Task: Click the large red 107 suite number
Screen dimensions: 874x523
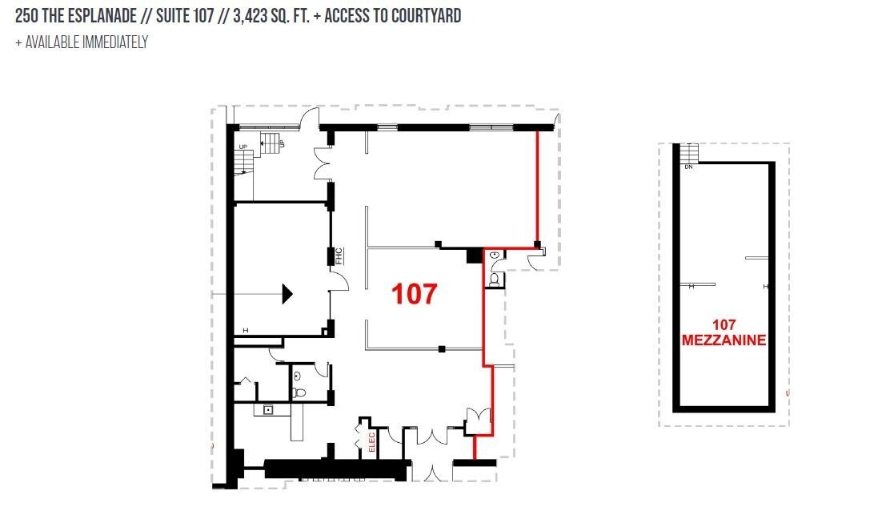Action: pyautogui.click(x=414, y=293)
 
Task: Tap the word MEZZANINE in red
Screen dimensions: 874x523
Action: pyautogui.click(x=724, y=340)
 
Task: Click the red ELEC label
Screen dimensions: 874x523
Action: pyautogui.click(x=372, y=441)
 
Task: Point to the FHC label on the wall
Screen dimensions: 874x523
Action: pyautogui.click(x=339, y=256)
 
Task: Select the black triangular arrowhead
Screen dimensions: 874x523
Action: pyautogui.click(x=287, y=294)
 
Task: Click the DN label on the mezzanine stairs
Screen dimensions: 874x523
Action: pyautogui.click(x=688, y=167)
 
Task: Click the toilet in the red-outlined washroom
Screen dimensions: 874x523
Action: pyautogui.click(x=494, y=279)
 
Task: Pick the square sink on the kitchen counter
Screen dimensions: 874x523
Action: pyautogui.click(x=268, y=410)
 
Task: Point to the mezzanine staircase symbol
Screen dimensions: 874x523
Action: pyautogui.click(x=689, y=153)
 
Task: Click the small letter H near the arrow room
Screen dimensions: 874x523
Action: pyautogui.click(x=245, y=331)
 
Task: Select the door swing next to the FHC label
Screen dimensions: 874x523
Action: pyautogui.click(x=340, y=282)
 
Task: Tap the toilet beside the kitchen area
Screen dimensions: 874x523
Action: pyautogui.click(x=299, y=392)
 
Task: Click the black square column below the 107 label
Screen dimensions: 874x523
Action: pyautogui.click(x=442, y=349)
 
